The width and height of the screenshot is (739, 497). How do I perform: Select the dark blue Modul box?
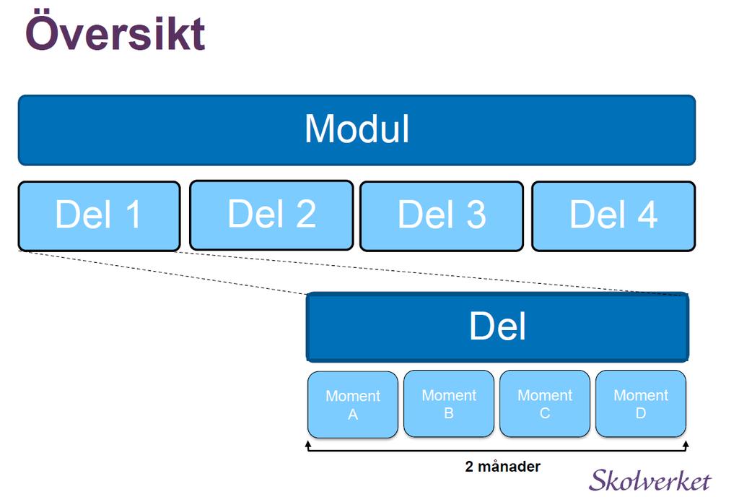[357, 130]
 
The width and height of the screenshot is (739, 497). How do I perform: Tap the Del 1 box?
[99, 216]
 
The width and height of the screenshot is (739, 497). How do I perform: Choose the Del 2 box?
[271, 215]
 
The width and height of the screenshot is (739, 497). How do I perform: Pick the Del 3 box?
[442, 216]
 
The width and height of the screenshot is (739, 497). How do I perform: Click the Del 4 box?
[613, 216]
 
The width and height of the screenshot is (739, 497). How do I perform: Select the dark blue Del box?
[498, 327]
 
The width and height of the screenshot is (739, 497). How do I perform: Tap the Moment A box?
[353, 405]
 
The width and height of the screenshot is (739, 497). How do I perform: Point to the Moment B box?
[449, 404]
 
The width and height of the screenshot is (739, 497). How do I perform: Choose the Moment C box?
[545, 404]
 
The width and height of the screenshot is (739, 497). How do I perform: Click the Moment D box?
[641, 404]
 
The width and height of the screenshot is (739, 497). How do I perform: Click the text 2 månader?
[502, 467]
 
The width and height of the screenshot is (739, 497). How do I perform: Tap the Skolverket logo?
[650, 480]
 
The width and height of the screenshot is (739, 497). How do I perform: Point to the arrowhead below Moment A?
[308, 444]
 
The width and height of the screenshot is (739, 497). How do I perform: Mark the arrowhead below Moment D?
[686, 444]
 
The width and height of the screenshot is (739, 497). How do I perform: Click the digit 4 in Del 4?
[647, 215]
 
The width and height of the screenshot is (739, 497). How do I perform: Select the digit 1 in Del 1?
[134, 215]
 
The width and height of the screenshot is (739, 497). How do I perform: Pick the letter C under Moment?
[545, 413]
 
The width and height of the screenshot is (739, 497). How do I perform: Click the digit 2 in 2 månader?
[469, 467]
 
